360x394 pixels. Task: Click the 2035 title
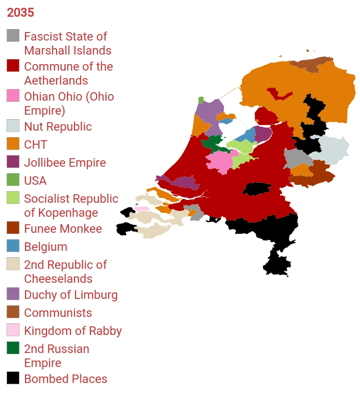[20, 13]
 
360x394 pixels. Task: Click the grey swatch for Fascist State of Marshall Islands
[13, 36]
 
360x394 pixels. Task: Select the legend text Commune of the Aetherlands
[68, 74]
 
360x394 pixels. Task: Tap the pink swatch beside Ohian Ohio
[13, 96]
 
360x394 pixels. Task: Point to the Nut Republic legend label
[57, 127]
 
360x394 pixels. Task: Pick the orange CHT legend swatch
[13, 144]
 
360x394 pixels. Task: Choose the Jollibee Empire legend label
[64, 163]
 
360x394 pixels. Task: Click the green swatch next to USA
[13, 180]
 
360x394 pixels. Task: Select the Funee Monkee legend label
[62, 229]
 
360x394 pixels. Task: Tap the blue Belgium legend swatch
[13, 246]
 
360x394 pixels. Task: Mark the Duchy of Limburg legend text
[70, 295]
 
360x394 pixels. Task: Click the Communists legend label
[57, 313]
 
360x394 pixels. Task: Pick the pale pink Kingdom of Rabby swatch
[13, 330]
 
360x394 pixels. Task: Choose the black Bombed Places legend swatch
[13, 378]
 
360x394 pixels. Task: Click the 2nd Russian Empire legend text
[56, 356]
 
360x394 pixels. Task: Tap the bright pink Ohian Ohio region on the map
[219, 161]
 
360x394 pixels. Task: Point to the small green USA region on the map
[201, 100]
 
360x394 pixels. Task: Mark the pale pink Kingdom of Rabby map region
[142, 209]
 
